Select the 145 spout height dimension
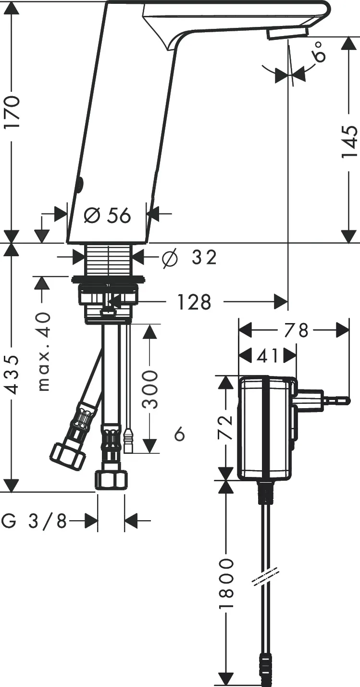tap(349, 142)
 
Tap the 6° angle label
tap(320, 52)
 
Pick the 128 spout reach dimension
tap(194, 302)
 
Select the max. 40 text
tap(44, 351)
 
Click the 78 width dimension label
tap(295, 330)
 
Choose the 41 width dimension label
tap(268, 356)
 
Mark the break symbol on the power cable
tap(265, 576)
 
